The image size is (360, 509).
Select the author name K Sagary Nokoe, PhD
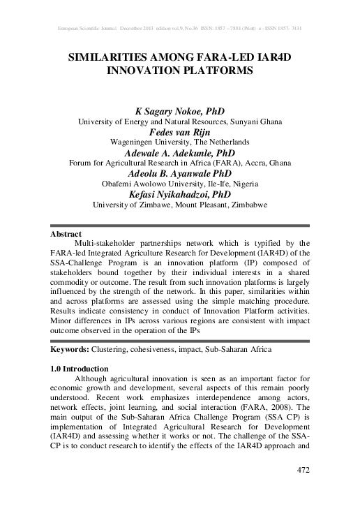(x=179, y=110)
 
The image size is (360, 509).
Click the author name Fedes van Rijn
(x=179, y=131)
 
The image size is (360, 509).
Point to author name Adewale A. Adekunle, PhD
(x=179, y=152)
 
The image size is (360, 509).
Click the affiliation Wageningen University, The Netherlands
(x=179, y=141)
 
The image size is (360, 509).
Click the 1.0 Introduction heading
(x=80, y=368)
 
